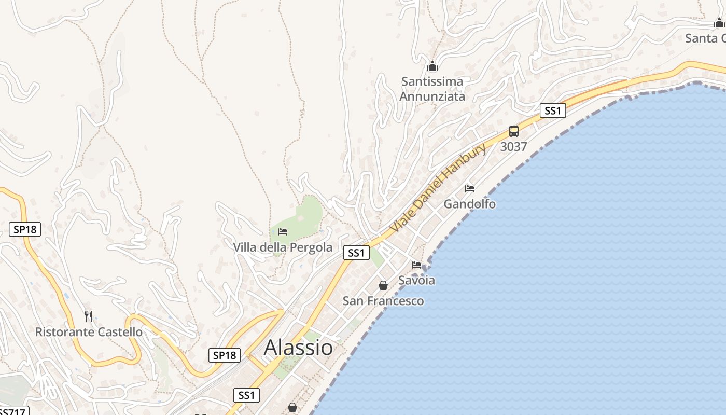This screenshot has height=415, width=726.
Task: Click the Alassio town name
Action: [x=298, y=348]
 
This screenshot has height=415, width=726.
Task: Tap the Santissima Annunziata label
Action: [x=432, y=89]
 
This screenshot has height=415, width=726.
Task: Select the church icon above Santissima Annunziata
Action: [x=432, y=66]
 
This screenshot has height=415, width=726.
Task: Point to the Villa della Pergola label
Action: [x=283, y=247]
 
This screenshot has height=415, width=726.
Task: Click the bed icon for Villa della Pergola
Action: [x=283, y=231]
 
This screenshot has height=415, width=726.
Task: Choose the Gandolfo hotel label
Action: [x=469, y=204]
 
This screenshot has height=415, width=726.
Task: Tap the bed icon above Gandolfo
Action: [x=470, y=188]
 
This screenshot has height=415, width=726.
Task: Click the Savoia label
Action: [x=416, y=280]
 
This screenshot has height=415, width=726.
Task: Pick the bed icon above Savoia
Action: [x=416, y=265]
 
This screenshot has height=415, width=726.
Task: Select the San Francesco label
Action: [x=383, y=301]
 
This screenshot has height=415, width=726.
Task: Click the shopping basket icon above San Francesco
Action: [x=383, y=285]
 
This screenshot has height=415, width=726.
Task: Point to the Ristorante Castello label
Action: [x=89, y=332]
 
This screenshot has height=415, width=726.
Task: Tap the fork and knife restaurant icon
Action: [x=89, y=316]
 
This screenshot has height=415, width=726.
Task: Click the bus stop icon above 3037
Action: [x=514, y=131]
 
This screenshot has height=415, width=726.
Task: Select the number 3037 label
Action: [x=514, y=147]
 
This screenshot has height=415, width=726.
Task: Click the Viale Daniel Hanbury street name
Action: [x=438, y=187]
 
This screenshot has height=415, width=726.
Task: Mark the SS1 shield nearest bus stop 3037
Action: [x=552, y=110]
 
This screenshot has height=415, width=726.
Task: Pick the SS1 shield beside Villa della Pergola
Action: [x=356, y=253]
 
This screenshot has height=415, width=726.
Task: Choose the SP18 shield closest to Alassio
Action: [x=225, y=355]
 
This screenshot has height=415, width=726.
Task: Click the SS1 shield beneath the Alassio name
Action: [x=246, y=395]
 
